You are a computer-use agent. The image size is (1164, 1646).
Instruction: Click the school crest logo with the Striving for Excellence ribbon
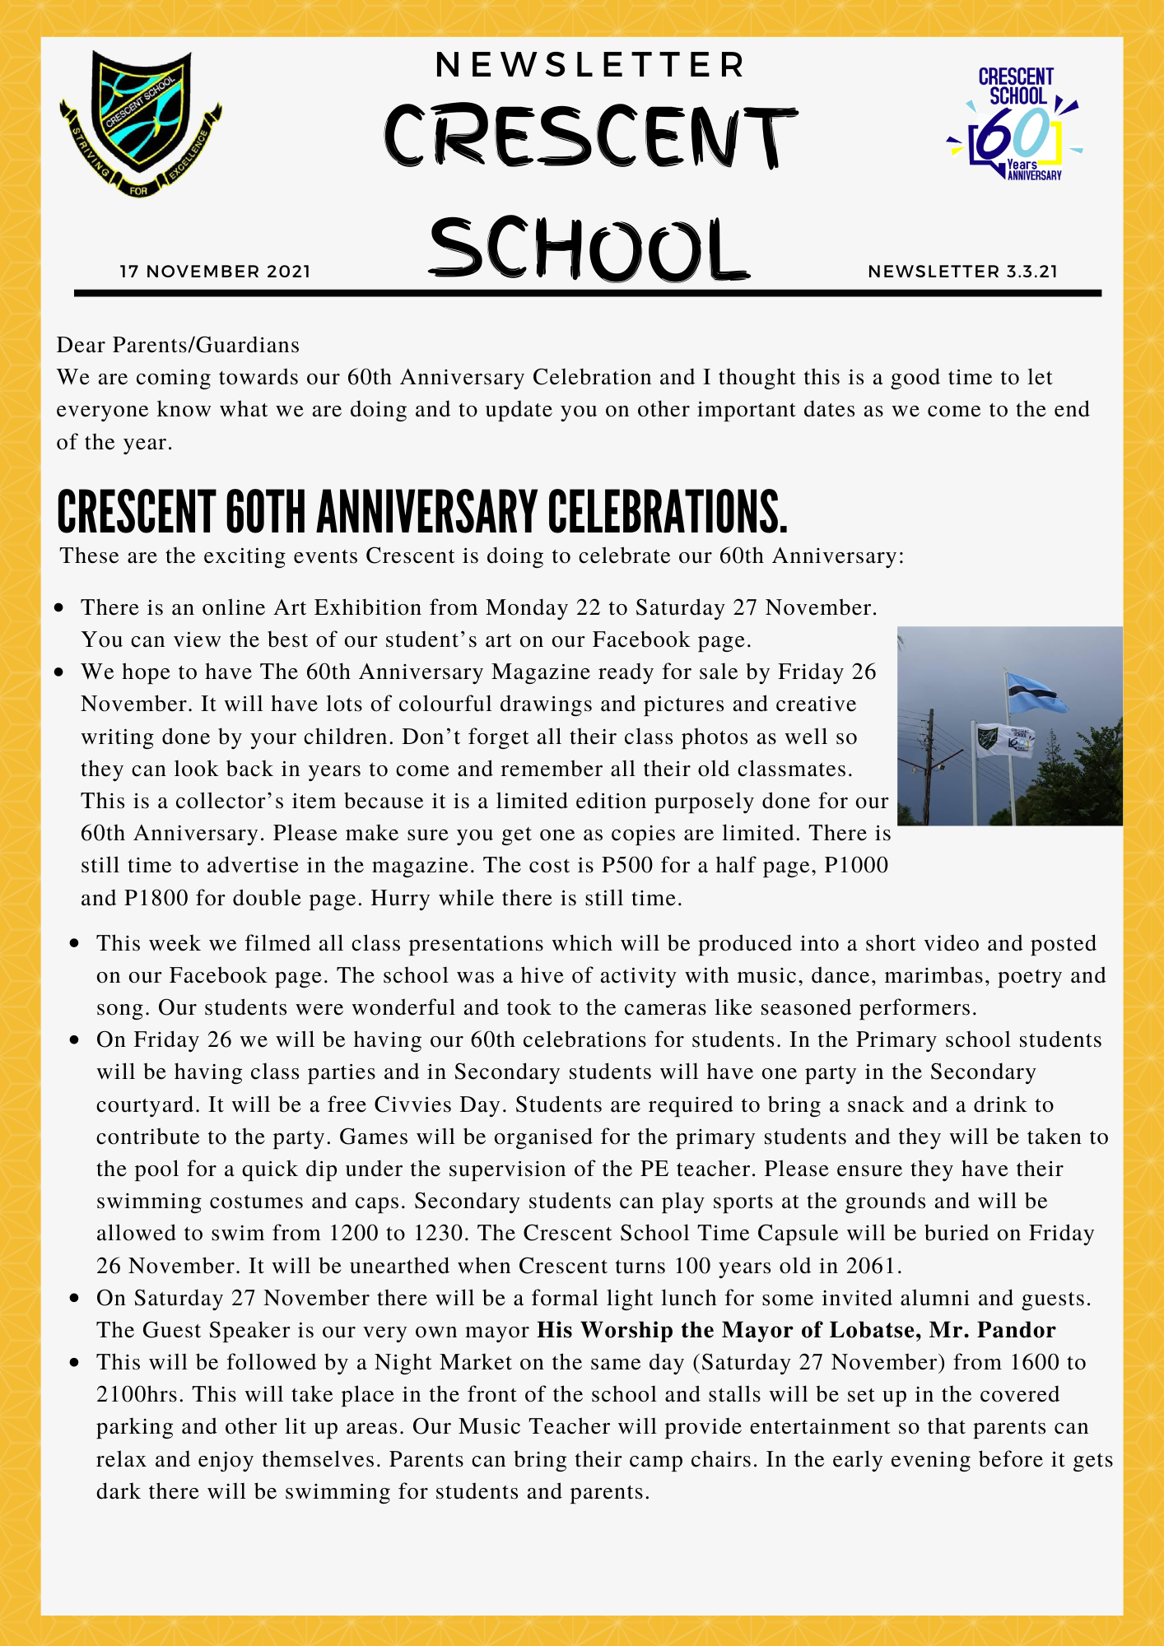[x=140, y=123]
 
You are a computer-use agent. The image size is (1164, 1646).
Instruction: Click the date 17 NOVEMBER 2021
[x=215, y=272]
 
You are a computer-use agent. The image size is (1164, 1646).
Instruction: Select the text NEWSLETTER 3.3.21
[x=962, y=272]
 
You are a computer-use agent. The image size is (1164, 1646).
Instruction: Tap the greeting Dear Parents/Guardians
[x=178, y=345]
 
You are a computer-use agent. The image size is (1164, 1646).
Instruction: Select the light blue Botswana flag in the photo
[x=1036, y=692]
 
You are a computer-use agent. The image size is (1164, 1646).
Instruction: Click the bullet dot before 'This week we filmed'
[x=75, y=944]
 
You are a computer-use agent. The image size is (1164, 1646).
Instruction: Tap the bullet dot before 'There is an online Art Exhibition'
[x=59, y=608]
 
